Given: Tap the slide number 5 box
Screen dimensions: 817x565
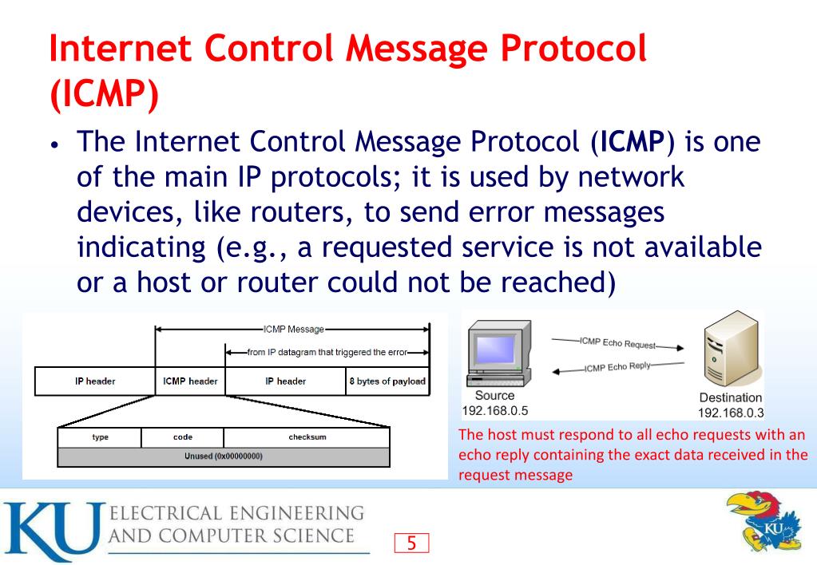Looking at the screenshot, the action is [412, 544].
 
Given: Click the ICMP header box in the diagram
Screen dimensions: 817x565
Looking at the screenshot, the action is [190, 381].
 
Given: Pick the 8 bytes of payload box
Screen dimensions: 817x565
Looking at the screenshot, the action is [387, 381].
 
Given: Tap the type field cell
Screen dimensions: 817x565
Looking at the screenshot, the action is [100, 437].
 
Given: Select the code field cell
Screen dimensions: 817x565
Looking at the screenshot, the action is [182, 437].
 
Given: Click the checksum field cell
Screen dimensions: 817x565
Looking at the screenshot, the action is [307, 437].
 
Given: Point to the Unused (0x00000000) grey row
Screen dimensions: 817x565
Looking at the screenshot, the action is [224, 456].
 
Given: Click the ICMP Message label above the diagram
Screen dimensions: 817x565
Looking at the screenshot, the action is [292, 328].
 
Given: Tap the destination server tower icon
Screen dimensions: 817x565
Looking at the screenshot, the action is [729, 351].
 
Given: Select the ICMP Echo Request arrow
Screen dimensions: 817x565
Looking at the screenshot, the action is [617, 344].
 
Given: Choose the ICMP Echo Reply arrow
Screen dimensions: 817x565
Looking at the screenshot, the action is [617, 367].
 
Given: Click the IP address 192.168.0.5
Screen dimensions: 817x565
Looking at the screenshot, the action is [495, 410].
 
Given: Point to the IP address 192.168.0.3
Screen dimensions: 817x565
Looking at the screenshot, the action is [730, 413].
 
